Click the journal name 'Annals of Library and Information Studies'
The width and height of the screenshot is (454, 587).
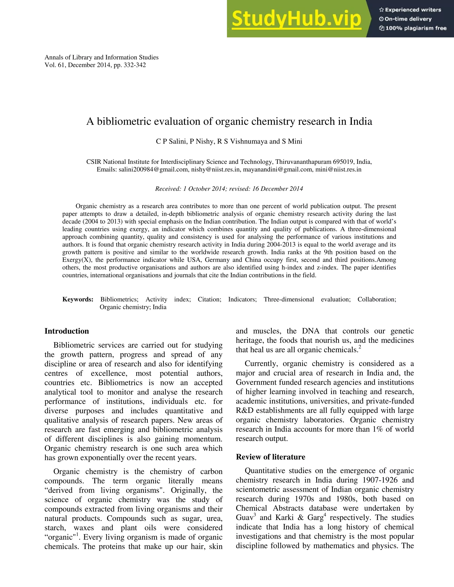click(x=101, y=57)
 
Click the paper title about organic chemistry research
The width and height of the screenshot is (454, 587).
click(x=229, y=121)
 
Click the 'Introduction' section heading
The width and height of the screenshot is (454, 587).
click(x=67, y=331)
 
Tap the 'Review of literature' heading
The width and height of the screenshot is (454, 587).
click(x=271, y=457)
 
